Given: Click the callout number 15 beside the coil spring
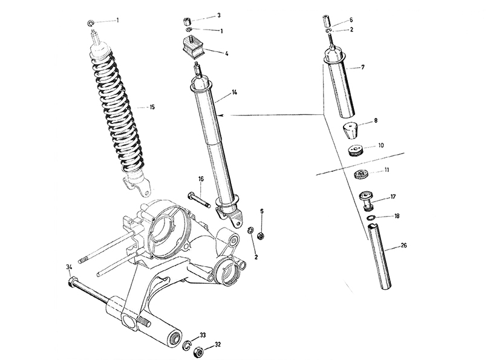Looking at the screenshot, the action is click(x=152, y=107).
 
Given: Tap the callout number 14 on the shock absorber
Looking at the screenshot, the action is click(x=234, y=92).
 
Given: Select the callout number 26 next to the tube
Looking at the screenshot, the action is click(x=403, y=245).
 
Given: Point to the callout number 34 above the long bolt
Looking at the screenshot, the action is click(x=69, y=267).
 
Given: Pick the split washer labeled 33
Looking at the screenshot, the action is click(x=187, y=344).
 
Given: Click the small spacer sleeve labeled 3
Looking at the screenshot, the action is click(x=187, y=22).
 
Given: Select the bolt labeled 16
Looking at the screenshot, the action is click(x=199, y=200).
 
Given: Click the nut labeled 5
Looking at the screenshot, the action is click(x=260, y=236).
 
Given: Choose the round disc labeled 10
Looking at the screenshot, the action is click(x=355, y=151).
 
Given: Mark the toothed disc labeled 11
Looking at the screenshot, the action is click(x=362, y=174).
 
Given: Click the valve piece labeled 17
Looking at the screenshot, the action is click(x=367, y=201).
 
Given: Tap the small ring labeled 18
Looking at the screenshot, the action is click(x=371, y=218).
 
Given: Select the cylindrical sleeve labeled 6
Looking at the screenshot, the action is click(x=327, y=21).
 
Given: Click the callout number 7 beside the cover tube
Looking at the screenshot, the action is click(x=362, y=67).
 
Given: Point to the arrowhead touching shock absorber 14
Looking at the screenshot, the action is click(x=221, y=116).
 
